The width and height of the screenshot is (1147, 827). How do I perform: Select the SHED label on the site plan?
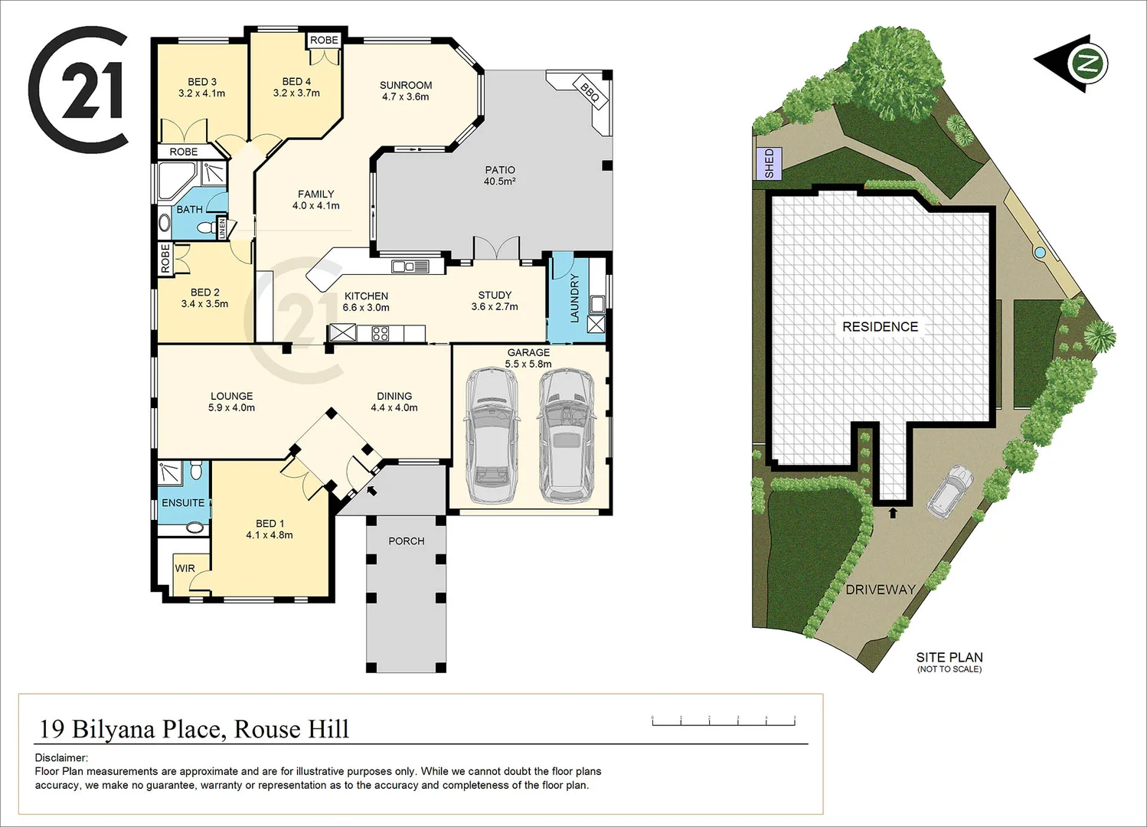click(769, 163)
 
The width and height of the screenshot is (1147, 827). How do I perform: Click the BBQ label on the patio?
click(590, 92)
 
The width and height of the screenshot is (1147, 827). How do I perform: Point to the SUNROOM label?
click(406, 90)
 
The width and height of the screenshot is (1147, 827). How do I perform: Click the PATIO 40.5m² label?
click(499, 175)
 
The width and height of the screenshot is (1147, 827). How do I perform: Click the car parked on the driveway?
click(949, 491)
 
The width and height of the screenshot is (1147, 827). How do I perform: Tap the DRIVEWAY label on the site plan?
click(881, 590)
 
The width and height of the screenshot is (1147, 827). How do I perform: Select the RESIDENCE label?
click(880, 327)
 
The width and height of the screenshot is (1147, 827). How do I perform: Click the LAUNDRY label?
click(575, 298)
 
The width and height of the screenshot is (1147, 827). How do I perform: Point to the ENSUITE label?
click(183, 503)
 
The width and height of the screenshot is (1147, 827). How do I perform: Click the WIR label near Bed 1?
click(185, 568)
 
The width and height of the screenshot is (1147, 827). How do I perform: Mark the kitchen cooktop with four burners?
click(381, 333)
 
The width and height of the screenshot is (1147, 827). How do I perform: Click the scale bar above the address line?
click(724, 720)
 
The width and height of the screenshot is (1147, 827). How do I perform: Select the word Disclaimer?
click(61, 758)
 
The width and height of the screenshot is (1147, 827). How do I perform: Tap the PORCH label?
click(406, 541)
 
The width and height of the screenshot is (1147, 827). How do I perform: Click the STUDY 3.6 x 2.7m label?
click(495, 300)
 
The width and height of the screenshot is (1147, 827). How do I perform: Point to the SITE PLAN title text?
click(949, 657)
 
